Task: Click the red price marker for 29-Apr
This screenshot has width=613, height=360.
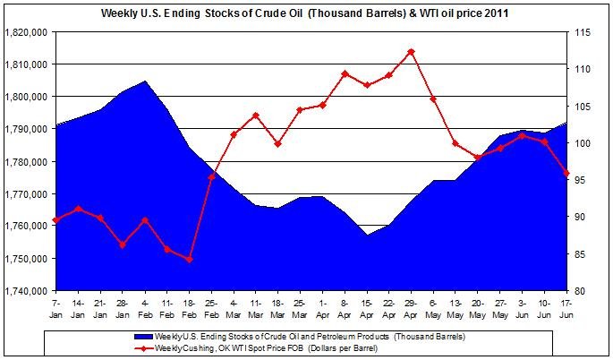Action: pos(411,52)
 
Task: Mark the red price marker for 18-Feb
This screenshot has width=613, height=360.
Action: pos(189,260)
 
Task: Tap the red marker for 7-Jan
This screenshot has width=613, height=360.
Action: pos(55,219)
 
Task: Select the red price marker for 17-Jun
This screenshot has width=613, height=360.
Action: pos(566,173)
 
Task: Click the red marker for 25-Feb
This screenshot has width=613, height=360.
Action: pos(211,176)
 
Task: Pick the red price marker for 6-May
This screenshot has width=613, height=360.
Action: pos(433,99)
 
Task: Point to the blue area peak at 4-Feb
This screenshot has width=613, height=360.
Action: pos(144,81)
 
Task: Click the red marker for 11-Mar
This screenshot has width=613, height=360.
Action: pos(256,116)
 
